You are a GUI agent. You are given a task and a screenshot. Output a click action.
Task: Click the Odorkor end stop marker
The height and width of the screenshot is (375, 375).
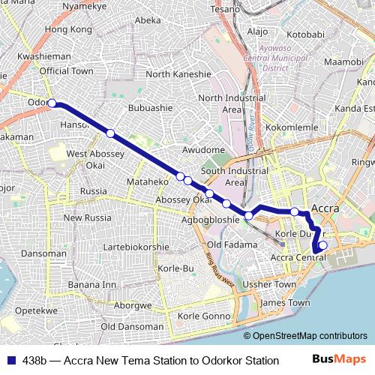click(x=52, y=103)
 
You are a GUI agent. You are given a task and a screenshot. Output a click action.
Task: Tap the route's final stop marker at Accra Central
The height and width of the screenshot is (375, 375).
click(x=323, y=244)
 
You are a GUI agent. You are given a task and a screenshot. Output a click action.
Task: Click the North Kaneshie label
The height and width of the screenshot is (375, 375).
click(x=178, y=74)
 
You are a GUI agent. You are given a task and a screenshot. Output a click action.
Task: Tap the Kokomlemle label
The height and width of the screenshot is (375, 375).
click(x=292, y=128)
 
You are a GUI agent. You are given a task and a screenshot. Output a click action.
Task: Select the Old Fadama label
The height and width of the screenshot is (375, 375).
click(x=232, y=245)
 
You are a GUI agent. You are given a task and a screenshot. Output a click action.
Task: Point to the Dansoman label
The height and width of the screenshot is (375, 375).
click(x=43, y=253)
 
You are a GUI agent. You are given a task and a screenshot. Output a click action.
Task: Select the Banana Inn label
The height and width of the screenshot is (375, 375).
click(x=92, y=285)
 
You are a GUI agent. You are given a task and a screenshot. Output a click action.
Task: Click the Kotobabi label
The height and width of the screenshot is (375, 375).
click(x=305, y=34)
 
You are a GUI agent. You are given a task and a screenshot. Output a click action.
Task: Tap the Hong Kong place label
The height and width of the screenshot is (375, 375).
click(x=68, y=29)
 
